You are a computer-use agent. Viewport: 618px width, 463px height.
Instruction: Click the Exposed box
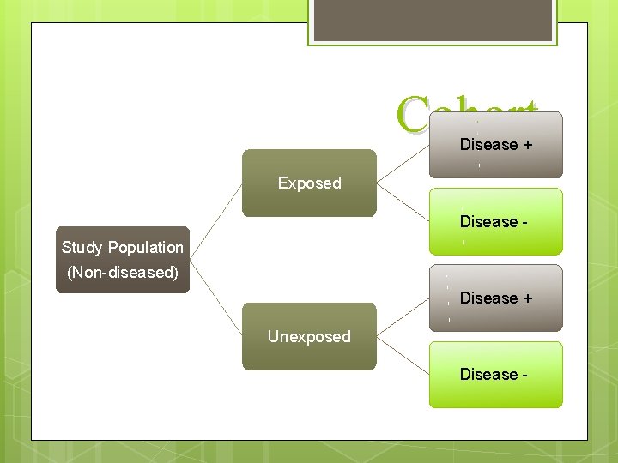(x=309, y=183)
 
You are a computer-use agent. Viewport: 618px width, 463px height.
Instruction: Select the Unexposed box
(x=309, y=336)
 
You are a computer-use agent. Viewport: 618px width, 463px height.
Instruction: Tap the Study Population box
(x=122, y=260)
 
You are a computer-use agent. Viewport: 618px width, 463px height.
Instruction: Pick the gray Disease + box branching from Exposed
(x=495, y=145)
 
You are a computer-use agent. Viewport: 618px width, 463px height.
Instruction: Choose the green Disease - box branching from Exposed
(x=495, y=221)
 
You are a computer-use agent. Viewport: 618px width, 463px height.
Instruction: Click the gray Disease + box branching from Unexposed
(x=495, y=298)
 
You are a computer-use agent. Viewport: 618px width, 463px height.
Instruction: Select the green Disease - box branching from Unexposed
(x=495, y=375)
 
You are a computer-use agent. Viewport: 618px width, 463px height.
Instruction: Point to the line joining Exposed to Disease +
(x=403, y=164)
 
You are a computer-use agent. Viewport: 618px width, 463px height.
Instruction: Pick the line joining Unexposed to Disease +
(x=403, y=317)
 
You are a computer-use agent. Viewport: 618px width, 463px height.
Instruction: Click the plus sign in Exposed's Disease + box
(x=525, y=145)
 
